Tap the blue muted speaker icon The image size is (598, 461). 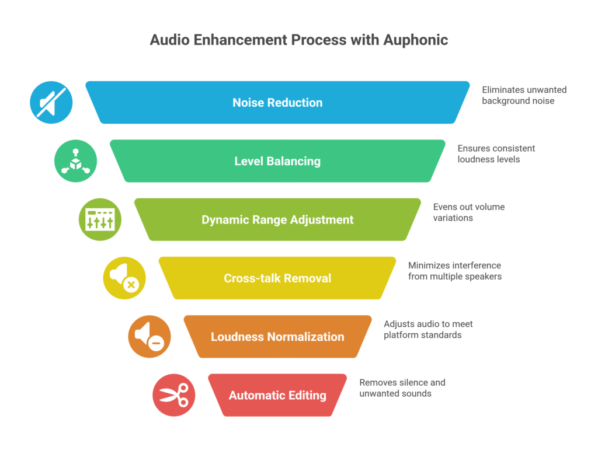pyautogui.click(x=51, y=103)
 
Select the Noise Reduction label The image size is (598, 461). pyautogui.click(x=277, y=103)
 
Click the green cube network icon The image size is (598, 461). pyautogui.click(x=76, y=161)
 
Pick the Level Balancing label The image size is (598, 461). pyautogui.click(x=277, y=161)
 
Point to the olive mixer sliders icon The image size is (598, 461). pyautogui.click(x=100, y=220)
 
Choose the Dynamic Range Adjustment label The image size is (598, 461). pyautogui.click(x=277, y=220)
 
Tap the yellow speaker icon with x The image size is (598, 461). pyautogui.click(x=124, y=278)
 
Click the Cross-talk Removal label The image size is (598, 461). pyautogui.click(x=277, y=278)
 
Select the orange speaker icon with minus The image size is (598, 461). pyautogui.click(x=149, y=337)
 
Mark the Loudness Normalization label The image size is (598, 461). pyautogui.click(x=277, y=337)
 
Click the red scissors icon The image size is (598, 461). pyautogui.click(x=174, y=395)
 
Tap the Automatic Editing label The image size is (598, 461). pyautogui.click(x=277, y=395)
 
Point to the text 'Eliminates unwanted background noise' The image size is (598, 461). pyautogui.click(x=524, y=95)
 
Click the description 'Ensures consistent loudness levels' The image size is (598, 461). pyautogui.click(x=496, y=153)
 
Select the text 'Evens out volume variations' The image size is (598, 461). pyautogui.click(x=468, y=212)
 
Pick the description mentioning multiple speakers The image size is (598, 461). pyautogui.click(x=454, y=271)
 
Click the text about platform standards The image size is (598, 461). pyautogui.click(x=428, y=329)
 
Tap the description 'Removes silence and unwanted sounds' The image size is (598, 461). pyautogui.click(x=402, y=387)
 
